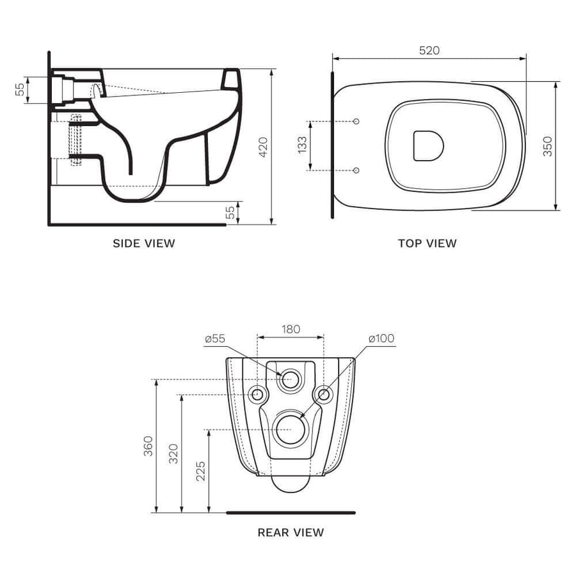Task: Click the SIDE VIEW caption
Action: coord(143,243)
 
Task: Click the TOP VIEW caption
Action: coord(427,243)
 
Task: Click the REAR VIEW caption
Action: coord(291,532)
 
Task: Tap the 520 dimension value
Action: coord(429,51)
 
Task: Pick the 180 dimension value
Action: coord(291,329)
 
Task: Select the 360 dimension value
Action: coord(148,446)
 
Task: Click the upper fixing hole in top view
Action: coord(356,121)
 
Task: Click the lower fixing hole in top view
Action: coord(356,170)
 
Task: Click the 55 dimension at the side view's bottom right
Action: coord(230,213)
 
